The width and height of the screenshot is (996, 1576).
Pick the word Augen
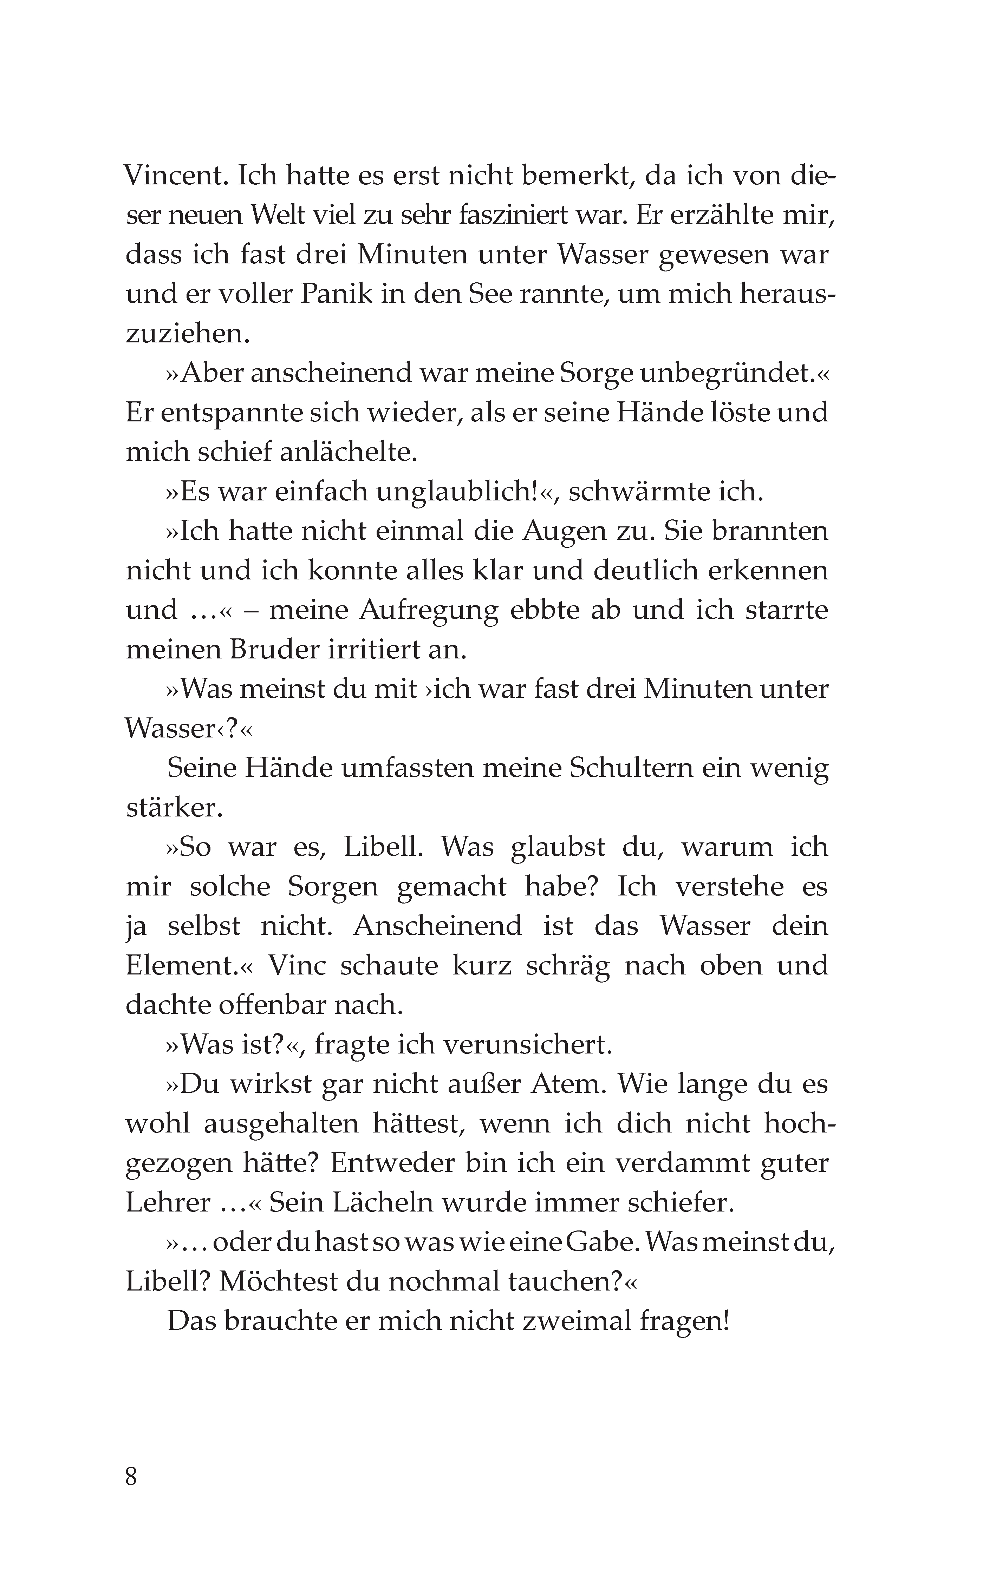[x=561, y=531]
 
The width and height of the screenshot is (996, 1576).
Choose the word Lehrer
[x=168, y=1202]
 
